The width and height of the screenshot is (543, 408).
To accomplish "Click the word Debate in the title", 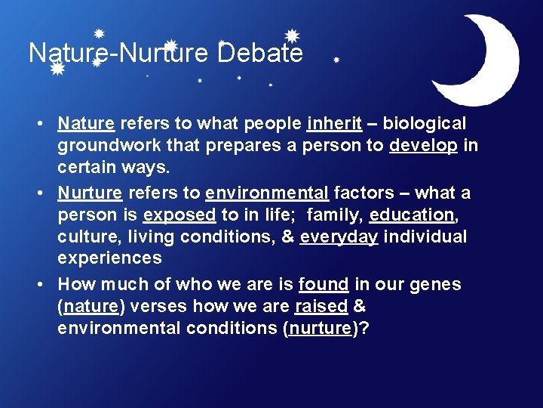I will [260, 53].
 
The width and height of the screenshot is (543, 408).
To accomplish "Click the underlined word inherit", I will [335, 123].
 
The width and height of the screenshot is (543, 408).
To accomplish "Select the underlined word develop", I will [423, 145].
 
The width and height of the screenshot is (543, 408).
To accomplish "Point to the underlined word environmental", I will [266, 193].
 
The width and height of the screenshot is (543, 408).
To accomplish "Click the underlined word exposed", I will [179, 215].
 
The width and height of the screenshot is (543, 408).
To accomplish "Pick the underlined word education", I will [412, 215].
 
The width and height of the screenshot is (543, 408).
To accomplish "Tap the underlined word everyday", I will [339, 236].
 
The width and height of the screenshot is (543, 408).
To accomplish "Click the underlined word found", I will [324, 285].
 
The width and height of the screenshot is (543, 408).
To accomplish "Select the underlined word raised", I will [321, 307].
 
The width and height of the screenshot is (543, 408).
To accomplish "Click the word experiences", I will [109, 258].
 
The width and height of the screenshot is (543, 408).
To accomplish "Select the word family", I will [335, 215].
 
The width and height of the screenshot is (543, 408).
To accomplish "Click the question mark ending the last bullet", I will [365, 329].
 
